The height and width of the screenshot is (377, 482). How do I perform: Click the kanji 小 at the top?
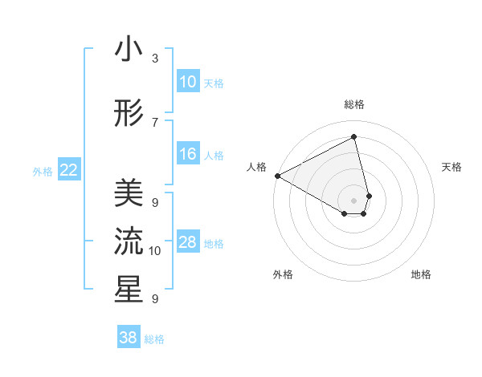coord(129,49)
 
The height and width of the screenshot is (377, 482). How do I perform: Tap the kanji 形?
coord(129,115)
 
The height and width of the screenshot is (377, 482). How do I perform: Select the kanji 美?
coord(129,193)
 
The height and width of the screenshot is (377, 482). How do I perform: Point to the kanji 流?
coord(129,241)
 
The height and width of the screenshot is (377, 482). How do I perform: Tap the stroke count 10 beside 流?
coord(155,250)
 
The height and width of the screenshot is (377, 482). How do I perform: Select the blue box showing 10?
coord(188,82)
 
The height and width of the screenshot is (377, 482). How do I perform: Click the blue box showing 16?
coord(188,154)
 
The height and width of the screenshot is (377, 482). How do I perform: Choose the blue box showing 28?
coord(188,242)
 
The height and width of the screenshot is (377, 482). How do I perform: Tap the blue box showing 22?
coord(69,169)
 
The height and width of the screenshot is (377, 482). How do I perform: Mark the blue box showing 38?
coord(129,338)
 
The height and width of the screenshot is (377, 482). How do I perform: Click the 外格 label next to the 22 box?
coord(43,171)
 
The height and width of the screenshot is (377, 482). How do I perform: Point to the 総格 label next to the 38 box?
coord(154,339)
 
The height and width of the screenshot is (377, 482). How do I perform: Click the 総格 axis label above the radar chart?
coord(354,105)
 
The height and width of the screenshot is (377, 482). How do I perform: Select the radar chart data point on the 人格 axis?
coord(277,176)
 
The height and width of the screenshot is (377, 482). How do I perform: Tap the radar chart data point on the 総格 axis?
coord(354,137)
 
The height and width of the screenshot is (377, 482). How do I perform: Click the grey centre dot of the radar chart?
coord(354,199)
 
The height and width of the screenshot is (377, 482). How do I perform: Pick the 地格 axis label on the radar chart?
coord(421,274)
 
